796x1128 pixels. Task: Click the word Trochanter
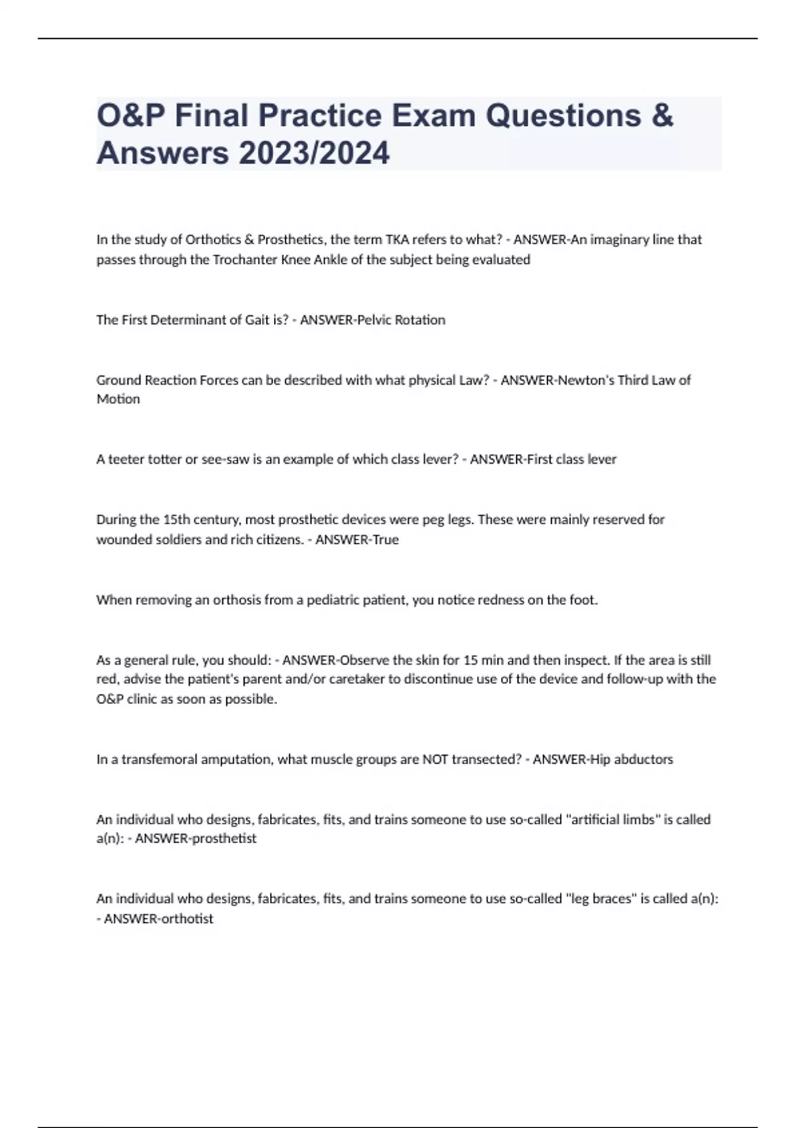coord(245,259)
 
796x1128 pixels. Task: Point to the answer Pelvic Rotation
coord(401,320)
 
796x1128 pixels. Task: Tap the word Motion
coord(118,399)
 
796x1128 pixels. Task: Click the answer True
coord(385,539)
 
